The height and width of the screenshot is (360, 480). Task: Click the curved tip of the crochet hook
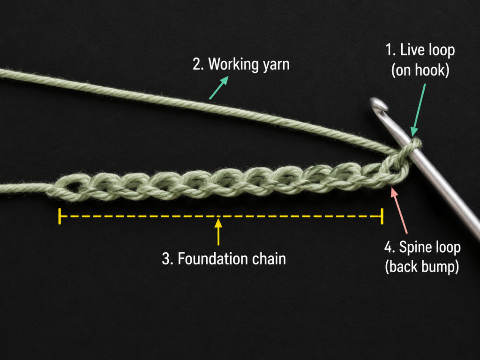(x=378, y=104)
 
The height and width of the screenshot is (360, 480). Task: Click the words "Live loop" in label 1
(x=427, y=50)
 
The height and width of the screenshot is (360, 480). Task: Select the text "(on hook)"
(x=420, y=70)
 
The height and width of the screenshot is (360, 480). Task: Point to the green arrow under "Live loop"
(x=419, y=110)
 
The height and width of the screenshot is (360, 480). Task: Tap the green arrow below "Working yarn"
(x=219, y=88)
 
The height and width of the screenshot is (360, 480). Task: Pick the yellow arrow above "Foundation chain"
(x=218, y=232)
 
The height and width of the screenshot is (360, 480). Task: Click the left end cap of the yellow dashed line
(x=60, y=216)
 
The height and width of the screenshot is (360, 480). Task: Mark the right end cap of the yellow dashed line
(x=382, y=216)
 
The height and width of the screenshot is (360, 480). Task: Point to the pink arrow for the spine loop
(x=399, y=211)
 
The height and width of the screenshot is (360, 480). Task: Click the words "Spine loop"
(x=430, y=247)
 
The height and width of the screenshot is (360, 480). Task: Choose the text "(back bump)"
(x=422, y=266)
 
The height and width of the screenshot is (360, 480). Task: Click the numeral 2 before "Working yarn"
(x=196, y=65)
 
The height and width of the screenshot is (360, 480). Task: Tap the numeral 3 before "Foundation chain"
(x=165, y=259)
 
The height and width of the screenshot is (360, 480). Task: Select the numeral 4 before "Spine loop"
(x=388, y=247)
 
